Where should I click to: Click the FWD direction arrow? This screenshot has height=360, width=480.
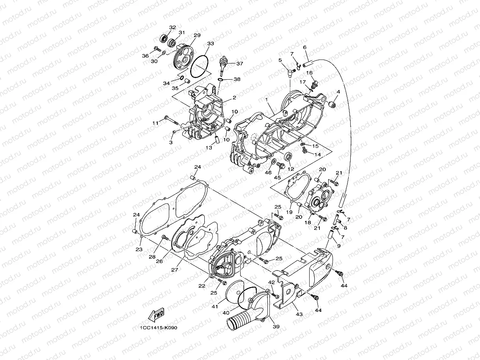pyautogui.click(x=156, y=315)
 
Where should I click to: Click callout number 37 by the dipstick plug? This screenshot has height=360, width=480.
pyautogui.click(x=240, y=63)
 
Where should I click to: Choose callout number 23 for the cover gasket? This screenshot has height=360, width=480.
pyautogui.click(x=138, y=249)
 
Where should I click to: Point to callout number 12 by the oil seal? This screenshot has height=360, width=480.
pyautogui.click(x=291, y=169)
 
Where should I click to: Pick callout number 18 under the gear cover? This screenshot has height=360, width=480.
pyautogui.click(x=308, y=222)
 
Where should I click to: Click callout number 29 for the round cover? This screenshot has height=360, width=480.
pyautogui.click(x=197, y=35)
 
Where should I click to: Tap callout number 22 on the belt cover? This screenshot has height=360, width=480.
pyautogui.click(x=202, y=286)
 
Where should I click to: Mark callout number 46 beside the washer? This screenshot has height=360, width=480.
pyautogui.click(x=268, y=173)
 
